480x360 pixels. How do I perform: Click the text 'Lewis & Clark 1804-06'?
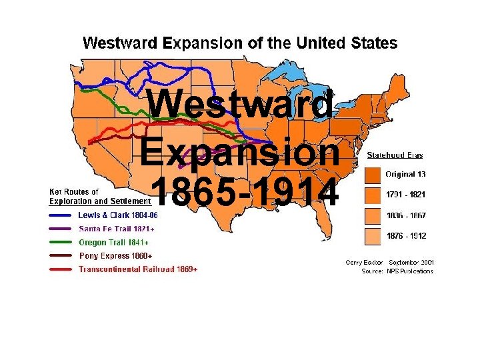pyautogui.click(x=117, y=215)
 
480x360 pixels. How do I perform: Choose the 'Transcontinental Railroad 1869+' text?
pyautogui.click(x=137, y=269)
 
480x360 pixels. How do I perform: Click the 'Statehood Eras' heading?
pyautogui.click(x=395, y=155)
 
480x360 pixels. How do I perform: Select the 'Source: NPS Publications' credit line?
pyautogui.click(x=397, y=271)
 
